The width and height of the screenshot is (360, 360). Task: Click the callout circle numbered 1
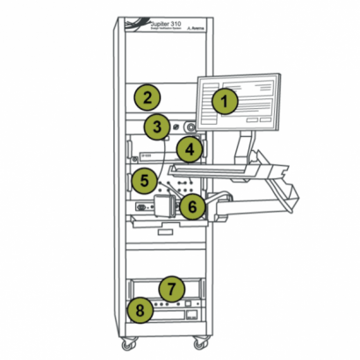coord(227,101)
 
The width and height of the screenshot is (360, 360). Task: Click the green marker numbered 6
coord(193,205)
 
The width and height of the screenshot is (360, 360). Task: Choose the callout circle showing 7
coord(173,287)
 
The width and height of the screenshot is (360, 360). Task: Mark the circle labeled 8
coord(137,309)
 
